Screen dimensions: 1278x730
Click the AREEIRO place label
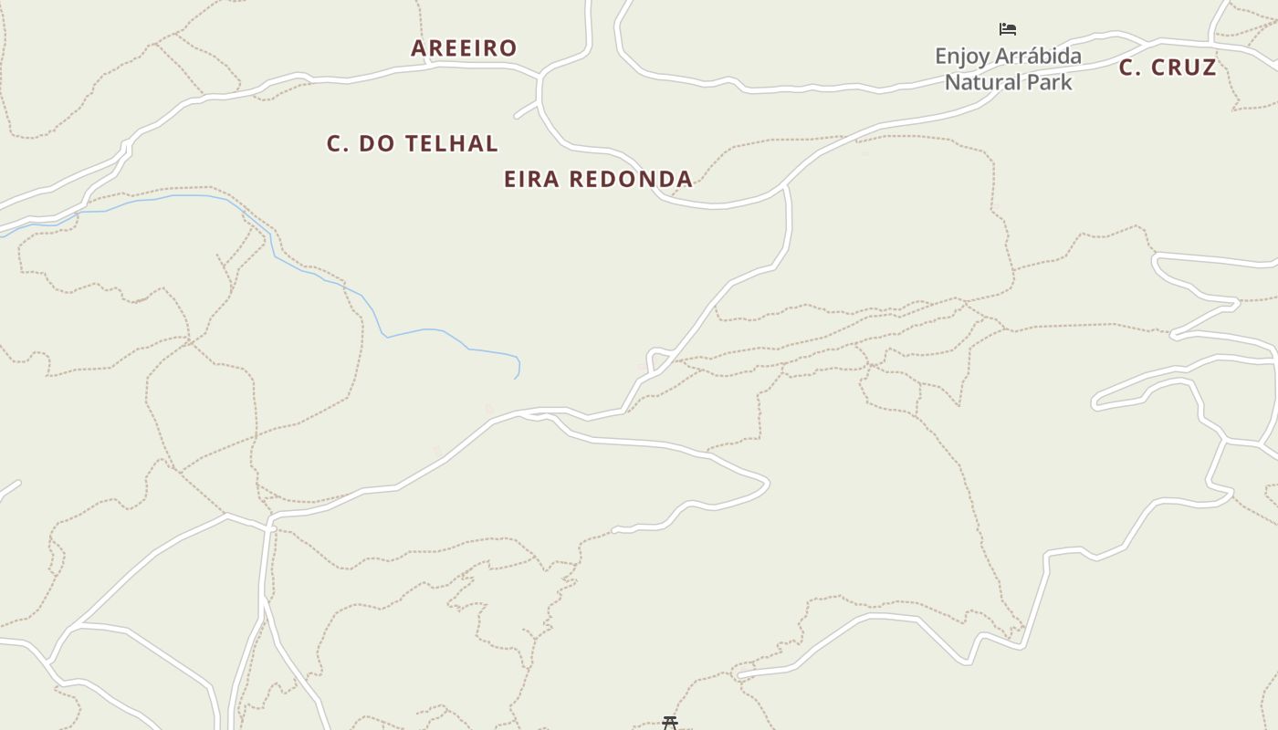coord(464,48)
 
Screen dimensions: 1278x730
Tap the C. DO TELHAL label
coord(413,143)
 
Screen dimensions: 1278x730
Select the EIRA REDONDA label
coord(598,179)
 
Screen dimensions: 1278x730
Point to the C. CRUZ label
coord(1168,68)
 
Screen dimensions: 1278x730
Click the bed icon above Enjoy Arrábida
coord(1008,29)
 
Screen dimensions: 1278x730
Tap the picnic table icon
coord(670,723)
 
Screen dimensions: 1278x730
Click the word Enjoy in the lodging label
coord(962,57)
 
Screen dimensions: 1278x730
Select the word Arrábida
coord(1038,57)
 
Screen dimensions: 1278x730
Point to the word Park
coord(1049,82)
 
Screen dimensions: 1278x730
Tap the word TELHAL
coord(452,143)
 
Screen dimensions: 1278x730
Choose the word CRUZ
coord(1183,68)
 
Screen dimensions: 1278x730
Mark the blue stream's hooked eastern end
coord(516,375)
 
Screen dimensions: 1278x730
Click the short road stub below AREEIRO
coord(526,111)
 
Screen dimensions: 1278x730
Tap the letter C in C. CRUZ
coord(1127,68)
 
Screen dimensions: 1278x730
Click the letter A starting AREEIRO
coord(419,48)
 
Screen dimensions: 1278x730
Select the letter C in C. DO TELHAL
coord(334,143)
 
